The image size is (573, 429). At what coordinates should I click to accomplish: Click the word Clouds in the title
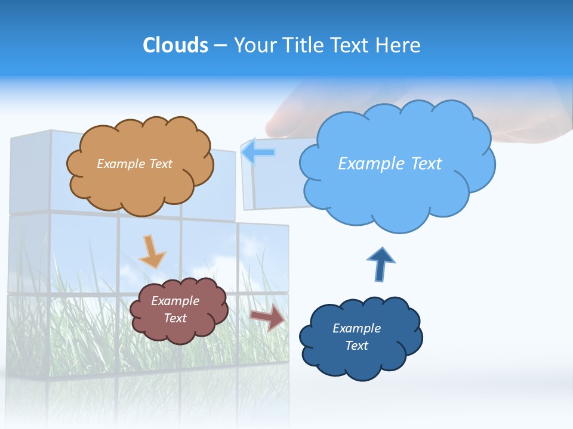pos(175,45)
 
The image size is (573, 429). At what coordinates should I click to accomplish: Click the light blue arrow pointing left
pos(258,152)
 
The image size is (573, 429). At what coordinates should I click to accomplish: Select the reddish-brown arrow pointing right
pos(268,317)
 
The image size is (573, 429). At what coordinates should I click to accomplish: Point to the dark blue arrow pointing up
pos(380,264)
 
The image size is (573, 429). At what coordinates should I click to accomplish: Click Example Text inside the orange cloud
pos(134,164)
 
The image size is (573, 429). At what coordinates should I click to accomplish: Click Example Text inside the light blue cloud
pos(390,164)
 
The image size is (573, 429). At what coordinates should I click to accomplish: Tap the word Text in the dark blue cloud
pos(356,346)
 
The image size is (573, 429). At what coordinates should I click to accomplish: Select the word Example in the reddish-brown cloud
pos(175,301)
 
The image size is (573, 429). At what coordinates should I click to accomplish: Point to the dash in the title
pos(220,46)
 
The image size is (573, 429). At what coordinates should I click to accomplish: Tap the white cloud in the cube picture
pos(221,265)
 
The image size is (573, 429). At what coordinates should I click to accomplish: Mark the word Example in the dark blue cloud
pos(356,328)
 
